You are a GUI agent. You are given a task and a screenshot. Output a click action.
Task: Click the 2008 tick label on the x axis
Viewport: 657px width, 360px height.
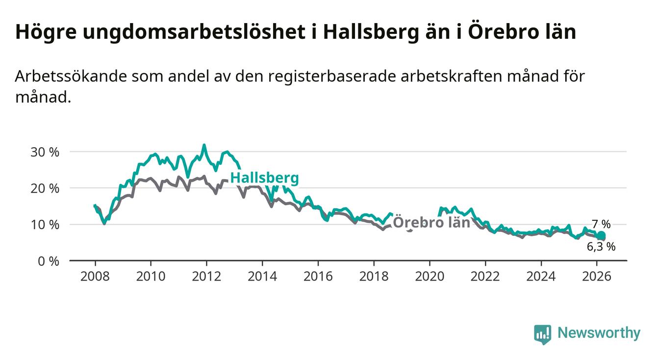click(95, 276)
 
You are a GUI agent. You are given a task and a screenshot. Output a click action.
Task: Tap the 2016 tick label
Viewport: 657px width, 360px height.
click(318, 276)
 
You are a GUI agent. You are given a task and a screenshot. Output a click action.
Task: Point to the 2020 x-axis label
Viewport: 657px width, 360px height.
click(430, 276)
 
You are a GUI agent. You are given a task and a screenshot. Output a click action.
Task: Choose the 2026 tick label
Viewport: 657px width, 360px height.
click(597, 276)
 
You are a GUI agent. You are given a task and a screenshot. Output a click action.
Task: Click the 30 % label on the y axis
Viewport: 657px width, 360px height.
click(45, 152)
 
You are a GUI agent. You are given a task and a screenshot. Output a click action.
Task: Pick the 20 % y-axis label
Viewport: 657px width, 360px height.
click(45, 188)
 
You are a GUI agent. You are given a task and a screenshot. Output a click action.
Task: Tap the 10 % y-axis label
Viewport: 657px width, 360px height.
click(45, 225)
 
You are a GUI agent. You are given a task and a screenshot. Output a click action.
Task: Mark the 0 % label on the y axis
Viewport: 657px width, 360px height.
click(48, 261)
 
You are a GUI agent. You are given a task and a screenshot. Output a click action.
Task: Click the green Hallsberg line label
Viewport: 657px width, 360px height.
click(264, 179)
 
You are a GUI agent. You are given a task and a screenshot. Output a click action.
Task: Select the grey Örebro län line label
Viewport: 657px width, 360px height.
click(431, 222)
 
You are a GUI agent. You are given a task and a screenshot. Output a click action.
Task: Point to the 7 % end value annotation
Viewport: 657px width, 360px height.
click(601, 224)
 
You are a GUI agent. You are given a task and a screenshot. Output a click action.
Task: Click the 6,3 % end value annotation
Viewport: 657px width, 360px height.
click(601, 247)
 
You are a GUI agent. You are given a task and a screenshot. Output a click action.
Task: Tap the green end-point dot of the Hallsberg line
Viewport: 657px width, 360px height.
click(601, 235)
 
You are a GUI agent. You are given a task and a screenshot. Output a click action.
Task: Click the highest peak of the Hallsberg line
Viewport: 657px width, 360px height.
click(204, 145)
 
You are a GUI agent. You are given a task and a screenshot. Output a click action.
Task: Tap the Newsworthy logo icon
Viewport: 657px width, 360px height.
click(543, 334)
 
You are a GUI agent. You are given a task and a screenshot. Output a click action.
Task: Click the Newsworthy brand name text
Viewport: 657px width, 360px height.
click(599, 333)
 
